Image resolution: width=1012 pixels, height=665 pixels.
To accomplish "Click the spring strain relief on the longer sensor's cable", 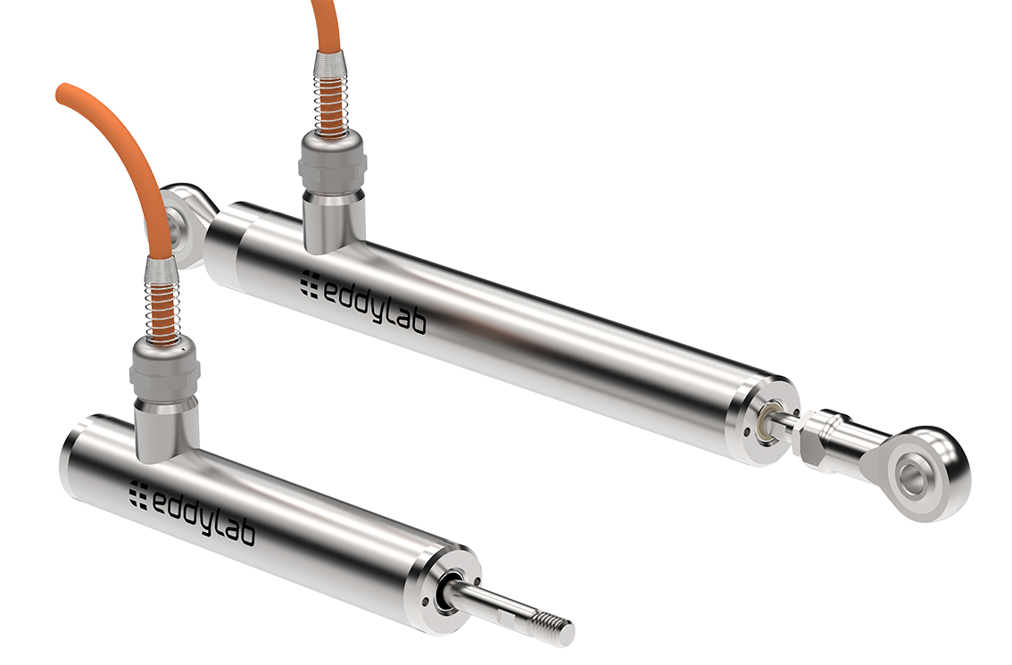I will pyautogui.click(x=329, y=94).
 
